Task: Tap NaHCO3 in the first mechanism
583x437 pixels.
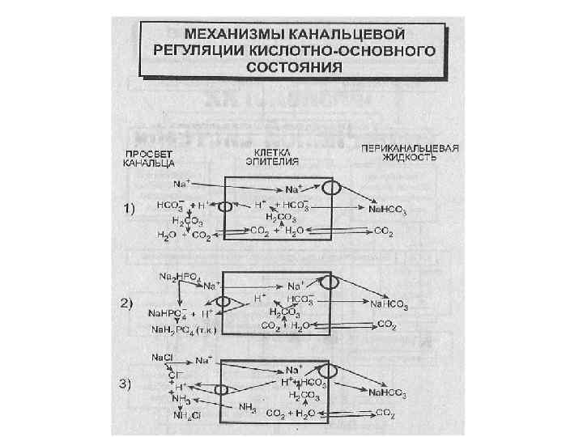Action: pyautogui.click(x=388, y=209)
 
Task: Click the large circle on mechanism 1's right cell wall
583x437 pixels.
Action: pyautogui.click(x=330, y=188)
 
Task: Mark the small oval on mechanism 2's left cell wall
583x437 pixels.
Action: pyautogui.click(x=223, y=302)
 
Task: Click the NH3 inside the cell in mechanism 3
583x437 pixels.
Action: pyautogui.click(x=246, y=408)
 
